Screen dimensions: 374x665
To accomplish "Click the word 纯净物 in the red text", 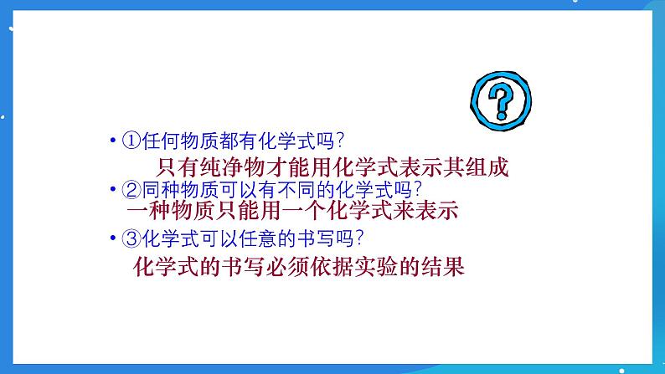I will (x=235, y=167).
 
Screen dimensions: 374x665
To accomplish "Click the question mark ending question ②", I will (x=417, y=189).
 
